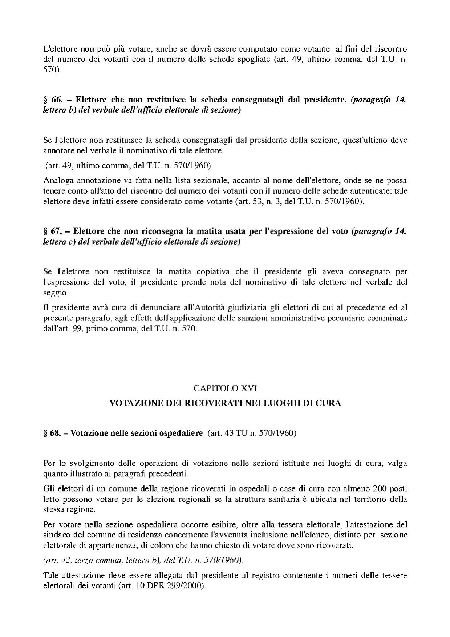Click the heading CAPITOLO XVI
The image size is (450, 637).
(225, 388)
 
